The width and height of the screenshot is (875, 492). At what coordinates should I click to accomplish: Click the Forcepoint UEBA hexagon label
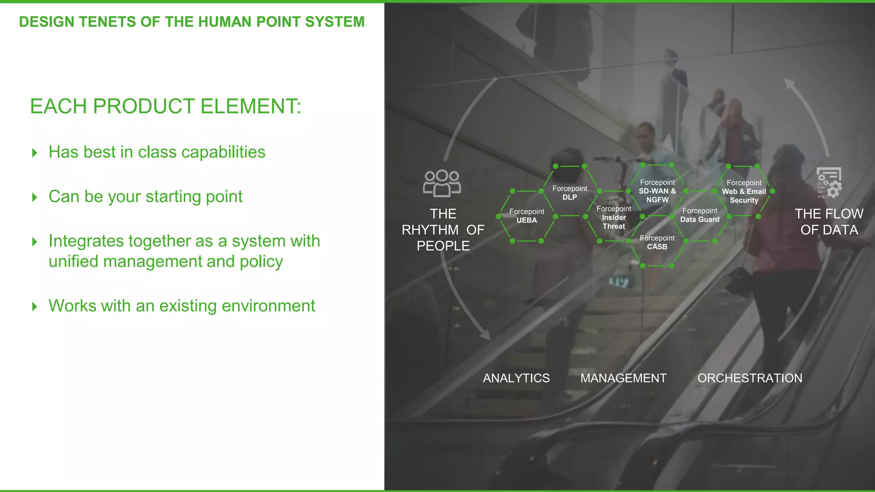(526, 216)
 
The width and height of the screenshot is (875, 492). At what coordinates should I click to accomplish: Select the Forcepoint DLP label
(570, 193)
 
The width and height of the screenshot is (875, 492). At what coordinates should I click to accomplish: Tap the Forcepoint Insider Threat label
(614, 217)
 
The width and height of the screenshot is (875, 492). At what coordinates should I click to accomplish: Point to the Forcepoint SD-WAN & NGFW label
(657, 191)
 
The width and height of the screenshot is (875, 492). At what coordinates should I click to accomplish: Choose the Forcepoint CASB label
(657, 243)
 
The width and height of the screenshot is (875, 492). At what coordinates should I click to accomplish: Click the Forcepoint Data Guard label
(700, 215)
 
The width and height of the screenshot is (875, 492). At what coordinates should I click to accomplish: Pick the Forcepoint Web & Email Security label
(744, 191)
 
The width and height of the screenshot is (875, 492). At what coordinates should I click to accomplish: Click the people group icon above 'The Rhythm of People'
(442, 184)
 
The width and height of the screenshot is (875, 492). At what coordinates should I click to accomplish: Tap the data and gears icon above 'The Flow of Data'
(829, 183)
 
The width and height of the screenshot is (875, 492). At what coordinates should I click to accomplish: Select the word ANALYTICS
(516, 378)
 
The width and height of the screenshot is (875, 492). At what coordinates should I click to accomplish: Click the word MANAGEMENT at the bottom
(623, 378)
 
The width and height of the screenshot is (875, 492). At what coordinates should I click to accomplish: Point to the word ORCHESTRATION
(750, 378)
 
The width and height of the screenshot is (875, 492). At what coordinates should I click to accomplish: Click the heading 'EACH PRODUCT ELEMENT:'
(165, 106)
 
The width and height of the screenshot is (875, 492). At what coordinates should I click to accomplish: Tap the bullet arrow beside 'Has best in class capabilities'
(35, 153)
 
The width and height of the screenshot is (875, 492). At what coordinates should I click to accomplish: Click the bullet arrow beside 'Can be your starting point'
(35, 197)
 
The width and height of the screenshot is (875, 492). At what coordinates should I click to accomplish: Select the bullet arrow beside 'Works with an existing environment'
(35, 307)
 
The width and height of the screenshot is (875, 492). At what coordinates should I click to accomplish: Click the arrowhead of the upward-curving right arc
(790, 84)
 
